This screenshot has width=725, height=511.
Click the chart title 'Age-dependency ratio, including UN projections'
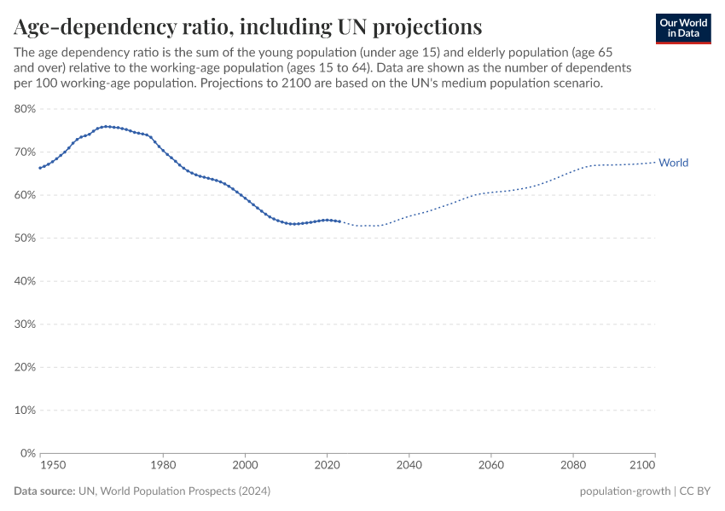point(247,26)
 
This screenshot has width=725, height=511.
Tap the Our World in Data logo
point(683,28)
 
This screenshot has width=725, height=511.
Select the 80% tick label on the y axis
point(24,109)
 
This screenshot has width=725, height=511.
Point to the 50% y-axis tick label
point(24,238)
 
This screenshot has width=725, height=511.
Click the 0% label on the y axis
point(27,453)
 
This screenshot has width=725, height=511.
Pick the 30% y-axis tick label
point(24,324)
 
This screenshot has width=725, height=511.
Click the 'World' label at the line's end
point(673,163)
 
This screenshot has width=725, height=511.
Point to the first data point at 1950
point(40,168)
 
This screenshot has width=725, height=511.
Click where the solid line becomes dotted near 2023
point(339,221)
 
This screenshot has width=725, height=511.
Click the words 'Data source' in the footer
point(43,491)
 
